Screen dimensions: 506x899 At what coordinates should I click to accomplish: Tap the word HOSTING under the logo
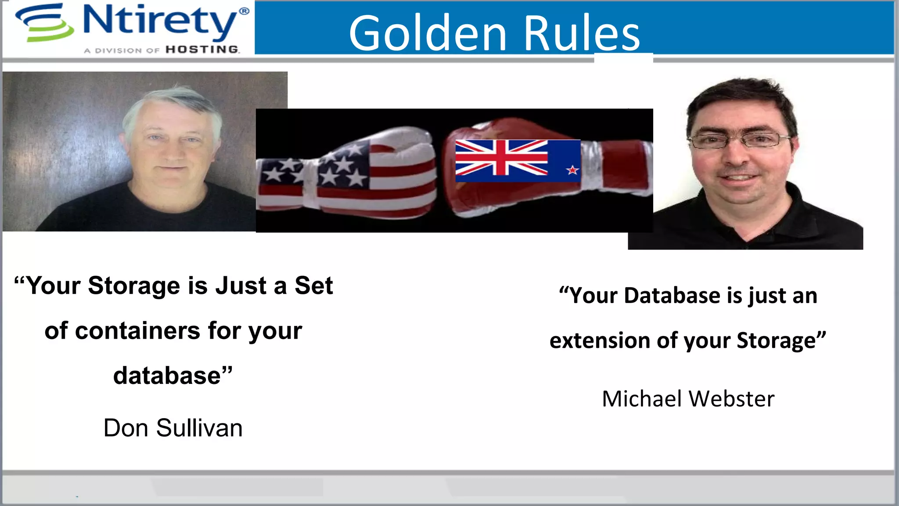pyautogui.click(x=202, y=50)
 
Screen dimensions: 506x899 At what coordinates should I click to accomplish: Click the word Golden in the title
pyautogui.click(x=428, y=33)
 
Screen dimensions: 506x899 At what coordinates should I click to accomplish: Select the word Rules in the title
pyautogui.click(x=582, y=33)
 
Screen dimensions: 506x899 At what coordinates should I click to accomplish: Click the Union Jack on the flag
pyautogui.click(x=501, y=157)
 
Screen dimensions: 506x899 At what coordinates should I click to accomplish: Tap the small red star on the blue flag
pyautogui.click(x=572, y=170)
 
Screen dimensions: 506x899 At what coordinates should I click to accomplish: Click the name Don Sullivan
pyautogui.click(x=173, y=428)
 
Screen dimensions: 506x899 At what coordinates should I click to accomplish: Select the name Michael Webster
pyautogui.click(x=688, y=399)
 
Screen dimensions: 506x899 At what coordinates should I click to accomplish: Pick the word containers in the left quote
pyautogui.click(x=138, y=331)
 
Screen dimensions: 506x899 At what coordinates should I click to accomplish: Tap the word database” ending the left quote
pyautogui.click(x=173, y=376)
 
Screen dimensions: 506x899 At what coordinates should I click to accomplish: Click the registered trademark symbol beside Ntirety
pyautogui.click(x=244, y=11)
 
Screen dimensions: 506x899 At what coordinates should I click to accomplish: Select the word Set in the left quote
pyautogui.click(x=313, y=286)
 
